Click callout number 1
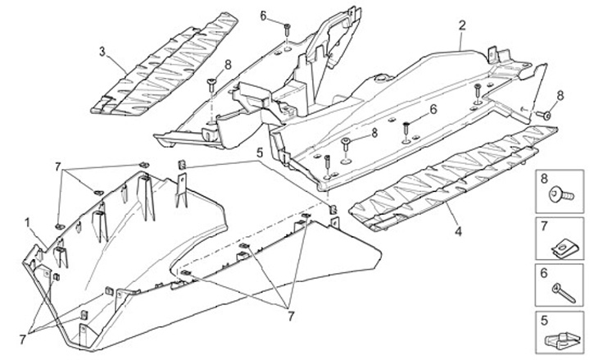click(28, 221)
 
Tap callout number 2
click(462, 25)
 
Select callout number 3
click(102, 52)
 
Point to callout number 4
click(458, 232)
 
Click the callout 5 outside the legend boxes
click(258, 152)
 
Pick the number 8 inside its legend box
click(543, 178)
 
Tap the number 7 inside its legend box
click(543, 224)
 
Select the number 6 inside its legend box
click(543, 271)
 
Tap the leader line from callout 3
click(116, 62)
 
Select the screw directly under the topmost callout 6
click(288, 30)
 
